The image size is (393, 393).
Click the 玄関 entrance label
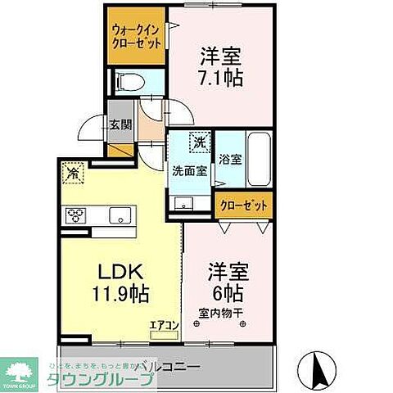coord(120,126)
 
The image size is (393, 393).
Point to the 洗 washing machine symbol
coord(200,142)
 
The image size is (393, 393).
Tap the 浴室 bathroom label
coord(230,160)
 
